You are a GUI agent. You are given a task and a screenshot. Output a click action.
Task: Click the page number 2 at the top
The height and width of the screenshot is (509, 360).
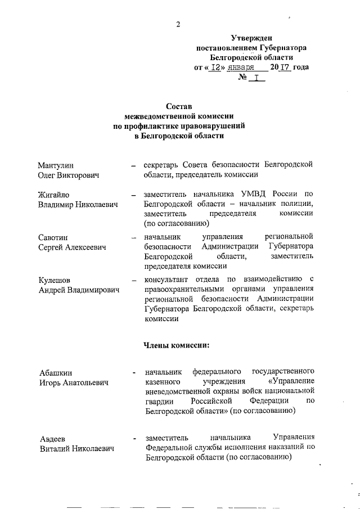tap(178, 24)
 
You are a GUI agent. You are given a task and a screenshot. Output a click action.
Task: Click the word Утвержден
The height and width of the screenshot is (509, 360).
tap(251, 37)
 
